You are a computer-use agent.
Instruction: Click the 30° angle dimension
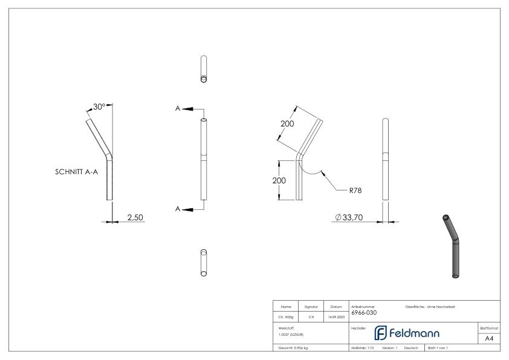coord(99,106)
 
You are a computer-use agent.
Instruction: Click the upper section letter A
coord(178,108)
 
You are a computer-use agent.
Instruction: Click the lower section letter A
coord(178,209)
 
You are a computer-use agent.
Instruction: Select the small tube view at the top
coord(204,70)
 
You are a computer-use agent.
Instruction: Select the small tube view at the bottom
coord(204,262)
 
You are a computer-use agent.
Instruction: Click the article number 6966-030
coord(365,313)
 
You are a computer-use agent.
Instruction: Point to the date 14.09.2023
coord(336,315)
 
